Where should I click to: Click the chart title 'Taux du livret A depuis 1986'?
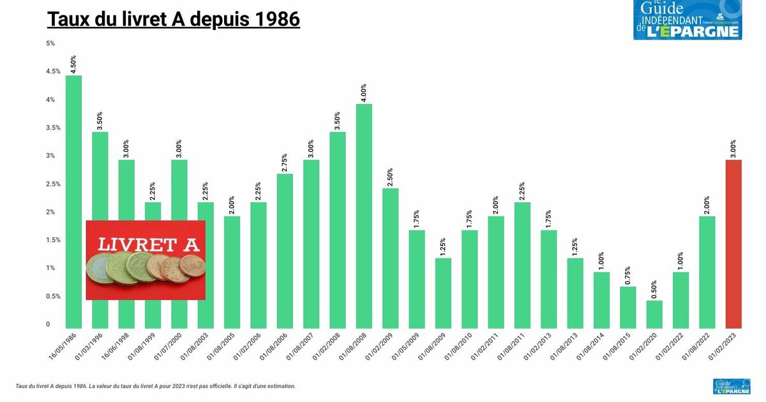point(174,19)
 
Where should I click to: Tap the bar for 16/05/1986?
point(73,202)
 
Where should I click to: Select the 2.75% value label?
point(285,163)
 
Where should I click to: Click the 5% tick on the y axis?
point(50,43)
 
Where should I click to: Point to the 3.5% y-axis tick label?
point(53,128)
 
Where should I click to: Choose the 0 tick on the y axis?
point(47,325)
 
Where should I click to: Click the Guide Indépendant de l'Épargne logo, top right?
point(687,20)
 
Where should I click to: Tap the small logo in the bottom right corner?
point(731,386)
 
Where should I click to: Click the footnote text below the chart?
point(155,386)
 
